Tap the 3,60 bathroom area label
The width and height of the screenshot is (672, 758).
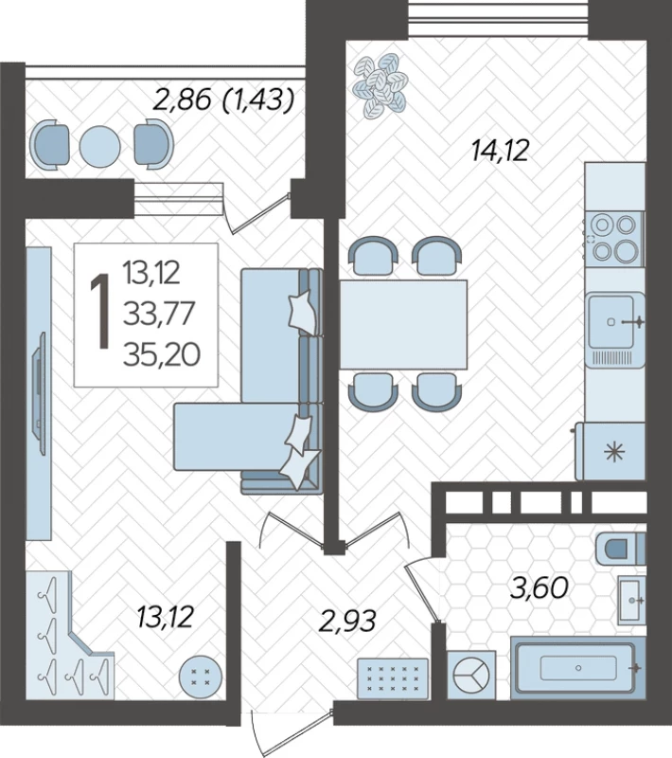tap(539, 588)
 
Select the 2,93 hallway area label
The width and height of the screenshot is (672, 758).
tap(347, 621)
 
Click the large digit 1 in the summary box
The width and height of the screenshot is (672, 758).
tap(101, 311)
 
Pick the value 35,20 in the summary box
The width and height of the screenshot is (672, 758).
tap(162, 354)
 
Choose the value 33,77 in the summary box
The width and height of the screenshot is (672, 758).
tap(159, 314)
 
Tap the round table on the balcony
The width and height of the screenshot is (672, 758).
tap(99, 146)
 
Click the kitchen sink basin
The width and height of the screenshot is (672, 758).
tap(611, 321)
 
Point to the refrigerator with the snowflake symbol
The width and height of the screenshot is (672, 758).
tap(610, 451)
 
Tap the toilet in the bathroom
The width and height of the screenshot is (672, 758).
tap(621, 549)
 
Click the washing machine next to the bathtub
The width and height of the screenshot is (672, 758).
tap(471, 674)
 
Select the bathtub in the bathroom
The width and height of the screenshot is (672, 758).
tap(578, 668)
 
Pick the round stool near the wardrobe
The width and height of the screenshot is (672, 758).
tap(201, 677)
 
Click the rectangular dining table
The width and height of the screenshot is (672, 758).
tap(403, 324)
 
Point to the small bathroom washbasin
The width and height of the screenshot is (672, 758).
tap(632, 600)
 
